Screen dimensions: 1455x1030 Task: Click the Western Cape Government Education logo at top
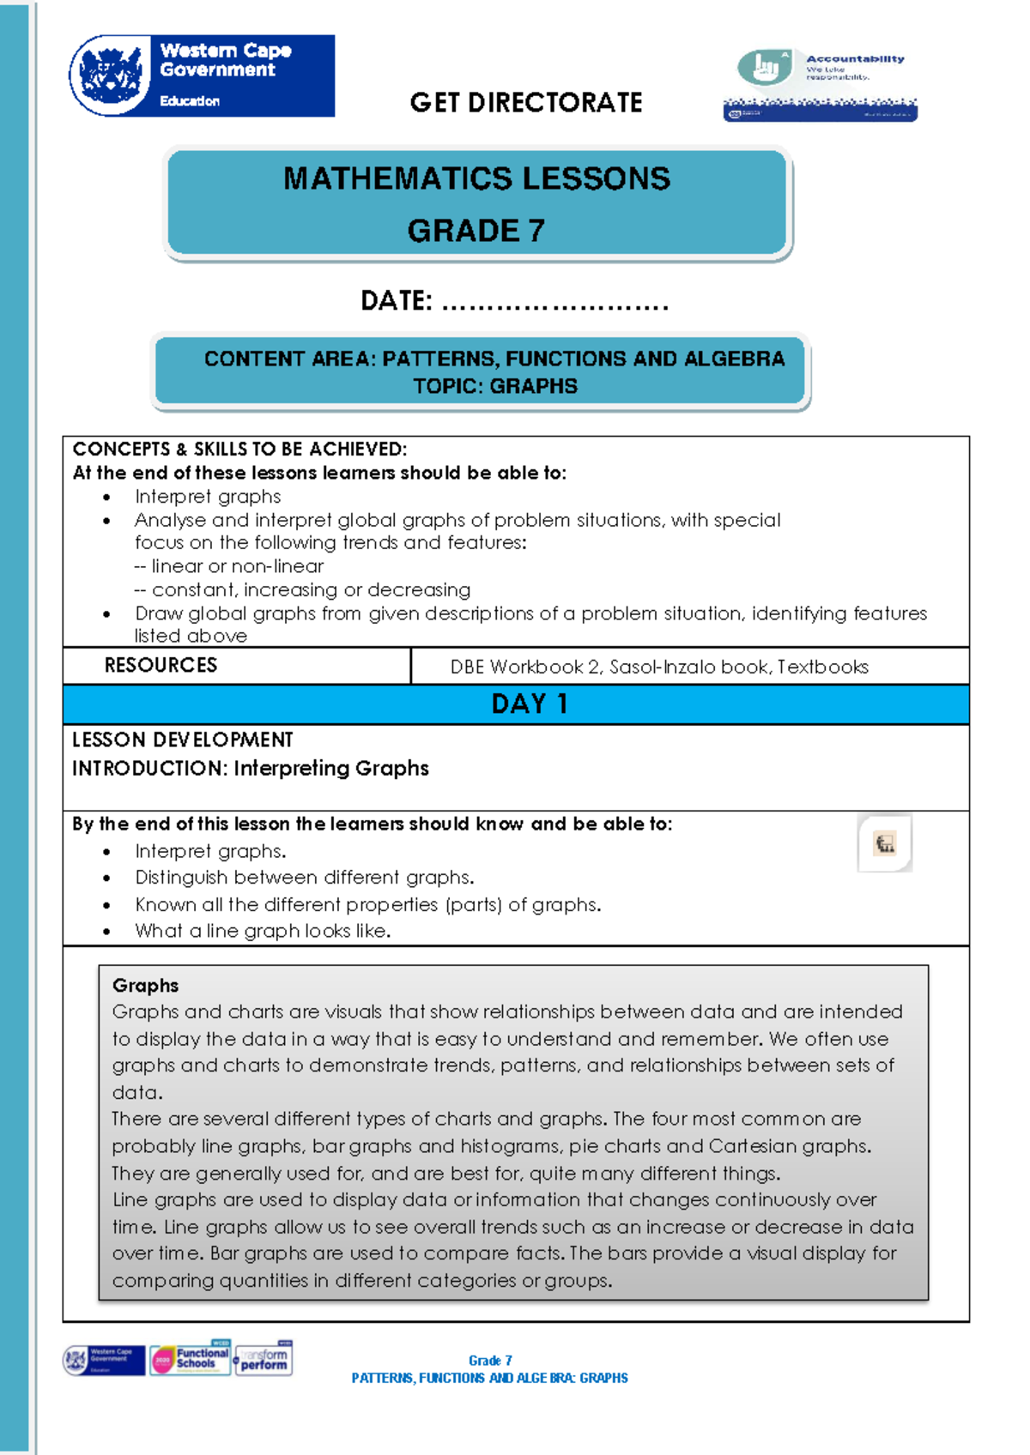click(x=203, y=75)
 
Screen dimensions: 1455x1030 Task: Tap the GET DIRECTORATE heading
click(x=525, y=103)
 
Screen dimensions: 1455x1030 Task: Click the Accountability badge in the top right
click(x=821, y=84)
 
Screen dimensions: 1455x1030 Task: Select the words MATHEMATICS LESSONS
click(x=476, y=178)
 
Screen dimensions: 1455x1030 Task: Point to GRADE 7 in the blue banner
click(x=476, y=231)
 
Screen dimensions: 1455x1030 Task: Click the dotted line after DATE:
click(x=554, y=303)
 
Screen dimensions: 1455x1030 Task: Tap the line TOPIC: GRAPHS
click(x=495, y=386)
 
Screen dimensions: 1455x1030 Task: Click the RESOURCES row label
click(x=161, y=666)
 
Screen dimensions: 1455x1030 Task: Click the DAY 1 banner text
click(x=529, y=704)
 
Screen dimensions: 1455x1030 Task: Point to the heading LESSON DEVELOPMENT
click(x=182, y=740)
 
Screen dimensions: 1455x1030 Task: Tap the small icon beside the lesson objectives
click(x=885, y=843)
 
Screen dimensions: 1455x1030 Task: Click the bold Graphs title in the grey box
click(x=145, y=985)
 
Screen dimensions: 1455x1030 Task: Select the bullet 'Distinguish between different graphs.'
click(x=304, y=878)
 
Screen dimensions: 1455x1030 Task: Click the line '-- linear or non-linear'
click(x=229, y=566)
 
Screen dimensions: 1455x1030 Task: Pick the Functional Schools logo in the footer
click(x=191, y=1359)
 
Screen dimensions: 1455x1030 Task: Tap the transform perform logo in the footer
click(x=264, y=1359)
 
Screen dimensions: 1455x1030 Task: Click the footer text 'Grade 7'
click(x=490, y=1361)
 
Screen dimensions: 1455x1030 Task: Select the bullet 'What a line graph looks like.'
click(x=263, y=931)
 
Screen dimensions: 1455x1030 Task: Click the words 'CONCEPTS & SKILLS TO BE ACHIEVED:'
click(x=239, y=449)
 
